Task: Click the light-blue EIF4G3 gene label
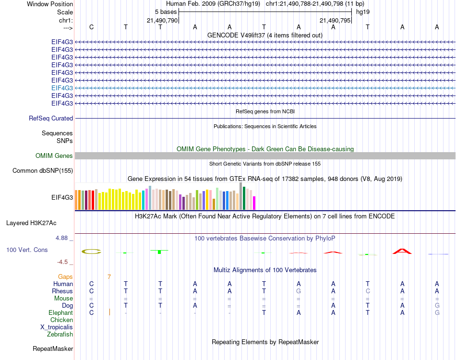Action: pyautogui.click(x=62, y=88)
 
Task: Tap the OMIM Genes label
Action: pyautogui.click(x=54, y=156)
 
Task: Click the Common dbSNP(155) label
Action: pyautogui.click(x=43, y=170)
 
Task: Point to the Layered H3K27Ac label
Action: pyautogui.click(x=31, y=223)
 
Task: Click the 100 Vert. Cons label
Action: pyautogui.click(x=27, y=250)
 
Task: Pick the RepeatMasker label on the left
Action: pyautogui.click(x=53, y=348)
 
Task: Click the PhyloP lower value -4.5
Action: pyautogui.click(x=64, y=262)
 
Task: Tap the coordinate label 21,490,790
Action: pyautogui.click(x=162, y=20)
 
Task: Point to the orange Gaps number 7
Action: pyautogui.click(x=109, y=277)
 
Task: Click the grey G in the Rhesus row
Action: pyautogui.click(x=299, y=291)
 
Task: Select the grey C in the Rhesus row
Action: pyautogui.click(x=368, y=291)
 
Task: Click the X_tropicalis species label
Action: pyautogui.click(x=57, y=327)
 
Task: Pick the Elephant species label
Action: pyautogui.click(x=61, y=312)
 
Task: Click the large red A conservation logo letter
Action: pyautogui.click(x=402, y=251)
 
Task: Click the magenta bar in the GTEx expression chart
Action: pyautogui.click(x=254, y=203)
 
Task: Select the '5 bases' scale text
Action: pyautogui.click(x=166, y=12)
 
